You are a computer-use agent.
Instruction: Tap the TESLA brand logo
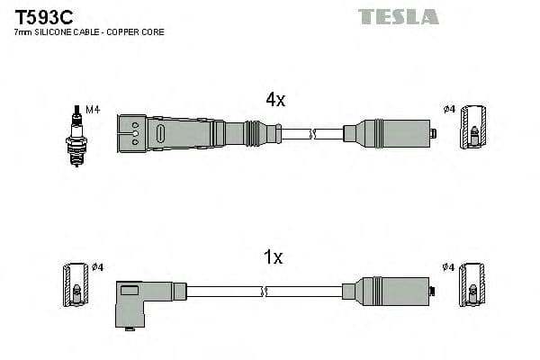398,16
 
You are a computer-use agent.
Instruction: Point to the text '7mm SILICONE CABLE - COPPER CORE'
89,32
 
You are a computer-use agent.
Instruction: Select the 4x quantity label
274,101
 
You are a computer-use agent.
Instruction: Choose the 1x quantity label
273,258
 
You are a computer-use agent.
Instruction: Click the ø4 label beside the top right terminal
449,110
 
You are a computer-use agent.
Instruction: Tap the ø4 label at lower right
449,266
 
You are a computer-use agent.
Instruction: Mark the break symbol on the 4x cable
312,135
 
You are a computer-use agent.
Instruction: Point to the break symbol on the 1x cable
266,290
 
